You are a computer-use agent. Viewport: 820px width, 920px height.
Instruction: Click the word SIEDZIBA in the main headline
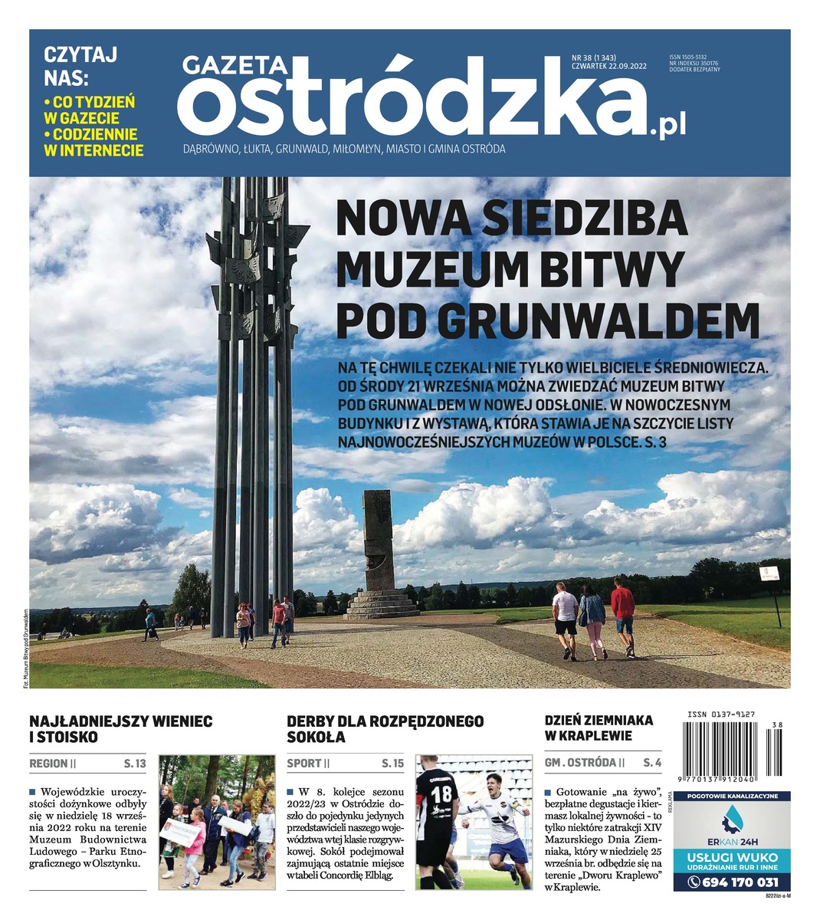click(x=586, y=219)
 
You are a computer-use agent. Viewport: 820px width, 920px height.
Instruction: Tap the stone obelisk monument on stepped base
click(x=379, y=552)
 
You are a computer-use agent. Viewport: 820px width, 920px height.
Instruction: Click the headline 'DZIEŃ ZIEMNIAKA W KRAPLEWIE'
click(x=599, y=728)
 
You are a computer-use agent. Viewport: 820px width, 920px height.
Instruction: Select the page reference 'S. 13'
click(x=134, y=764)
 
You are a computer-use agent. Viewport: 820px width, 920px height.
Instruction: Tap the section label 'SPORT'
click(x=304, y=764)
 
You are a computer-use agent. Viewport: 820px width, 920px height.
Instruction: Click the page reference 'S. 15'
click(x=392, y=764)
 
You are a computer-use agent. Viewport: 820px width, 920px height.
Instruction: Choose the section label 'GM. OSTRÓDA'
click(x=580, y=763)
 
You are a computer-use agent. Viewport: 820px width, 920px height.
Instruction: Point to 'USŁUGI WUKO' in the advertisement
click(x=732, y=856)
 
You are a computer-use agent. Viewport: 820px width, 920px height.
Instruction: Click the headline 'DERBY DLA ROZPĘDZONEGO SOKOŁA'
click(x=385, y=729)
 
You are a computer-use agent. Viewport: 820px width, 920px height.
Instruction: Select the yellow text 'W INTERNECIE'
click(x=93, y=151)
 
